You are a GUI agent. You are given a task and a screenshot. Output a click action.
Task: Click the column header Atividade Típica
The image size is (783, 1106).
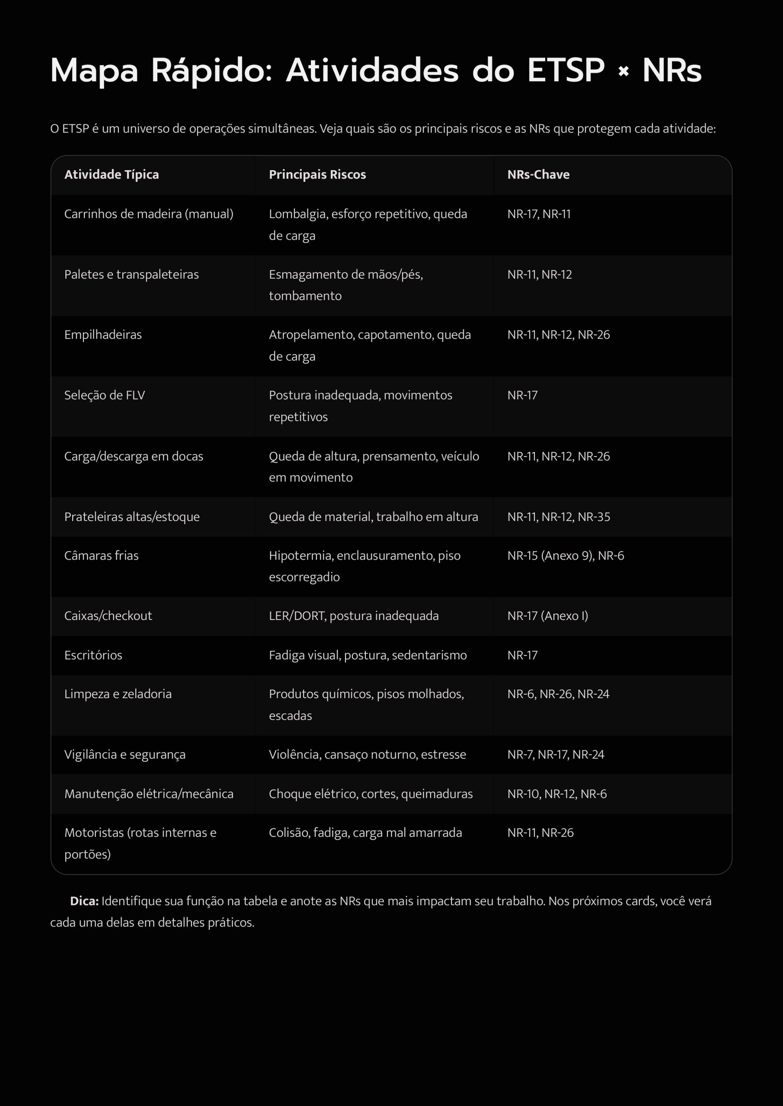coord(112,175)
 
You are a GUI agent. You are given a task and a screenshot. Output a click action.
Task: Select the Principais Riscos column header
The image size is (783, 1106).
coord(317,175)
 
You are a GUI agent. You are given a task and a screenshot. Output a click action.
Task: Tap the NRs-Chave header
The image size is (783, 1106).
coord(538,175)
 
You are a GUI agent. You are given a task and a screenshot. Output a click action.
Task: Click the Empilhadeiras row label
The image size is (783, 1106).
coord(103,334)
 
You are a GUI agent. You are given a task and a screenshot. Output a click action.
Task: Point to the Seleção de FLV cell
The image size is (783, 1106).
coord(104,395)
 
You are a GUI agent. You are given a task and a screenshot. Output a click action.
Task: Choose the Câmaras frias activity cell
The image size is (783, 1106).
coord(101,556)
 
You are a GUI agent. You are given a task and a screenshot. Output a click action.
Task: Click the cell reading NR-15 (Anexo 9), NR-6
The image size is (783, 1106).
coord(566,556)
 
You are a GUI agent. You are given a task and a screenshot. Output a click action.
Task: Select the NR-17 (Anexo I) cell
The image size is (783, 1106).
coord(547,616)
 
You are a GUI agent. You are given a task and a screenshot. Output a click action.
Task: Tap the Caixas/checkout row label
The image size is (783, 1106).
coord(108,616)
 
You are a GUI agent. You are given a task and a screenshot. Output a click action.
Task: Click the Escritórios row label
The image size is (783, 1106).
coord(93,655)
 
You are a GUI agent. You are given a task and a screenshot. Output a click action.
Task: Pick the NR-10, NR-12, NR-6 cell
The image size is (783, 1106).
coord(557,793)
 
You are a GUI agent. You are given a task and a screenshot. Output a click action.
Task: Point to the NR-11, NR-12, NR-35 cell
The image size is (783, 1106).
coord(558,516)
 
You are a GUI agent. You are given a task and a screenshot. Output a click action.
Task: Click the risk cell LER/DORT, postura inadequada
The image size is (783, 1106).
coord(353,616)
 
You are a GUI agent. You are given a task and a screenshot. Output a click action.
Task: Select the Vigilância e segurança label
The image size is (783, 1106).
coord(125,754)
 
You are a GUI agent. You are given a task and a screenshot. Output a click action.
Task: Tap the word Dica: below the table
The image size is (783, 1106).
coord(84,901)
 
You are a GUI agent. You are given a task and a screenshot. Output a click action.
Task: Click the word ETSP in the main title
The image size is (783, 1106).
coord(566,71)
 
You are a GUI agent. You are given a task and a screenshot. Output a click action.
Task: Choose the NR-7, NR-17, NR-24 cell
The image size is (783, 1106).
coord(556,754)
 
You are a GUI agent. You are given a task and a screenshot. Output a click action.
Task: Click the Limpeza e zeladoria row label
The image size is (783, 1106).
coord(118,694)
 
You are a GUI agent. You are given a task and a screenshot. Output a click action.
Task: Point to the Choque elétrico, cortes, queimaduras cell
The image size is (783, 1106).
coord(370,793)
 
